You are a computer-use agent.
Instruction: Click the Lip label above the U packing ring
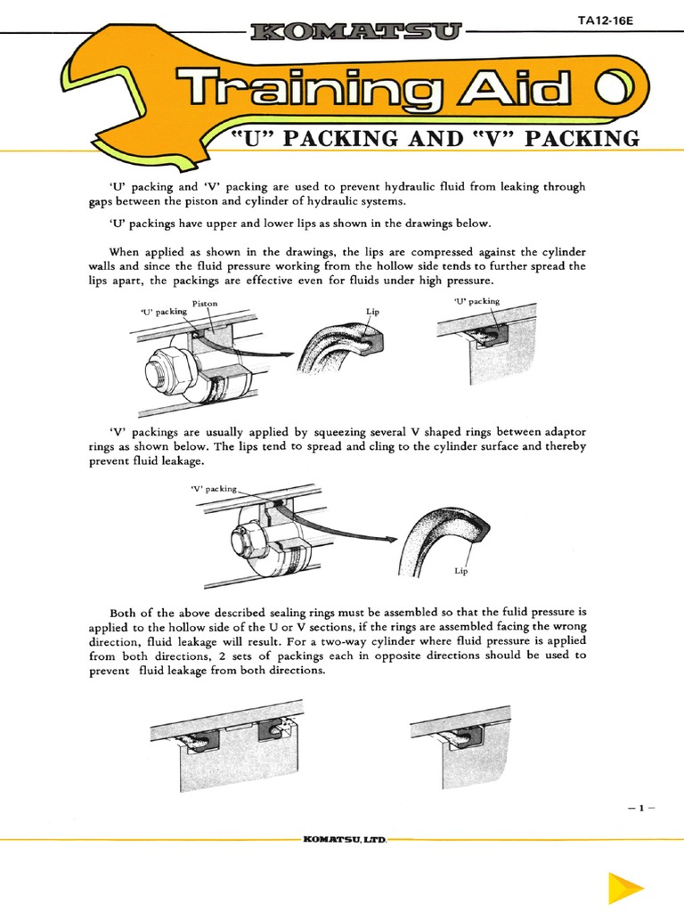(x=372, y=313)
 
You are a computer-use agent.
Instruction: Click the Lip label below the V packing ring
(x=461, y=570)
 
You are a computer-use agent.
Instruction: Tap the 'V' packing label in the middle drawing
(x=215, y=488)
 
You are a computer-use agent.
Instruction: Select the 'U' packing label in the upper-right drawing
(x=477, y=301)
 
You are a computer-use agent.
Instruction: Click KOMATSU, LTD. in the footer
(x=341, y=839)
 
